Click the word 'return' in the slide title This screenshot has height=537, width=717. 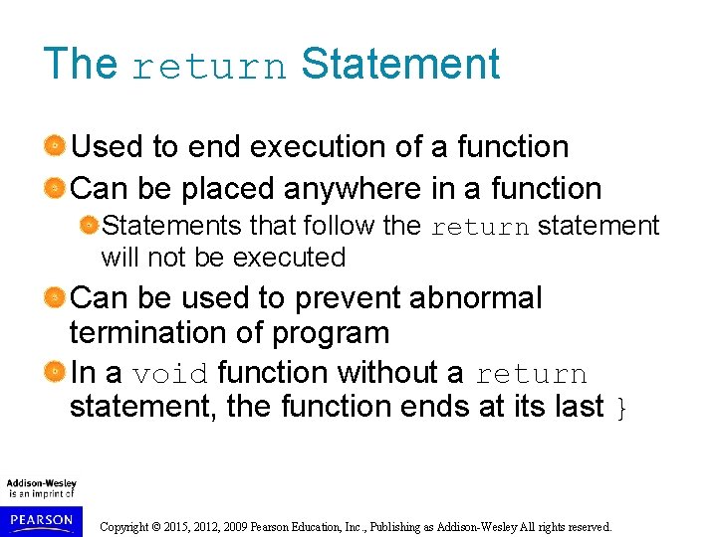point(208,67)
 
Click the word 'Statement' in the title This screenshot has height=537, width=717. point(399,64)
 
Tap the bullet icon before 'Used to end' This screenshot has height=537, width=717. point(57,147)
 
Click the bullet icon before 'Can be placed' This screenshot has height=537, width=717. point(57,188)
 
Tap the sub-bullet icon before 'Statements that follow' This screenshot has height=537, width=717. point(90,227)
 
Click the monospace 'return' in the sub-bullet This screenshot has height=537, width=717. point(480,227)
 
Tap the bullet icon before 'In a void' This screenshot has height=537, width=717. point(57,373)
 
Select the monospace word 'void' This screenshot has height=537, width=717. point(169,374)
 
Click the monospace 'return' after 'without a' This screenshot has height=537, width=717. point(531,374)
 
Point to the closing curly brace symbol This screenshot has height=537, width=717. point(622,407)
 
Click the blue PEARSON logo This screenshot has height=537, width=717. point(40,519)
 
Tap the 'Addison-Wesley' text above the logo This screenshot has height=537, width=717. point(42,483)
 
